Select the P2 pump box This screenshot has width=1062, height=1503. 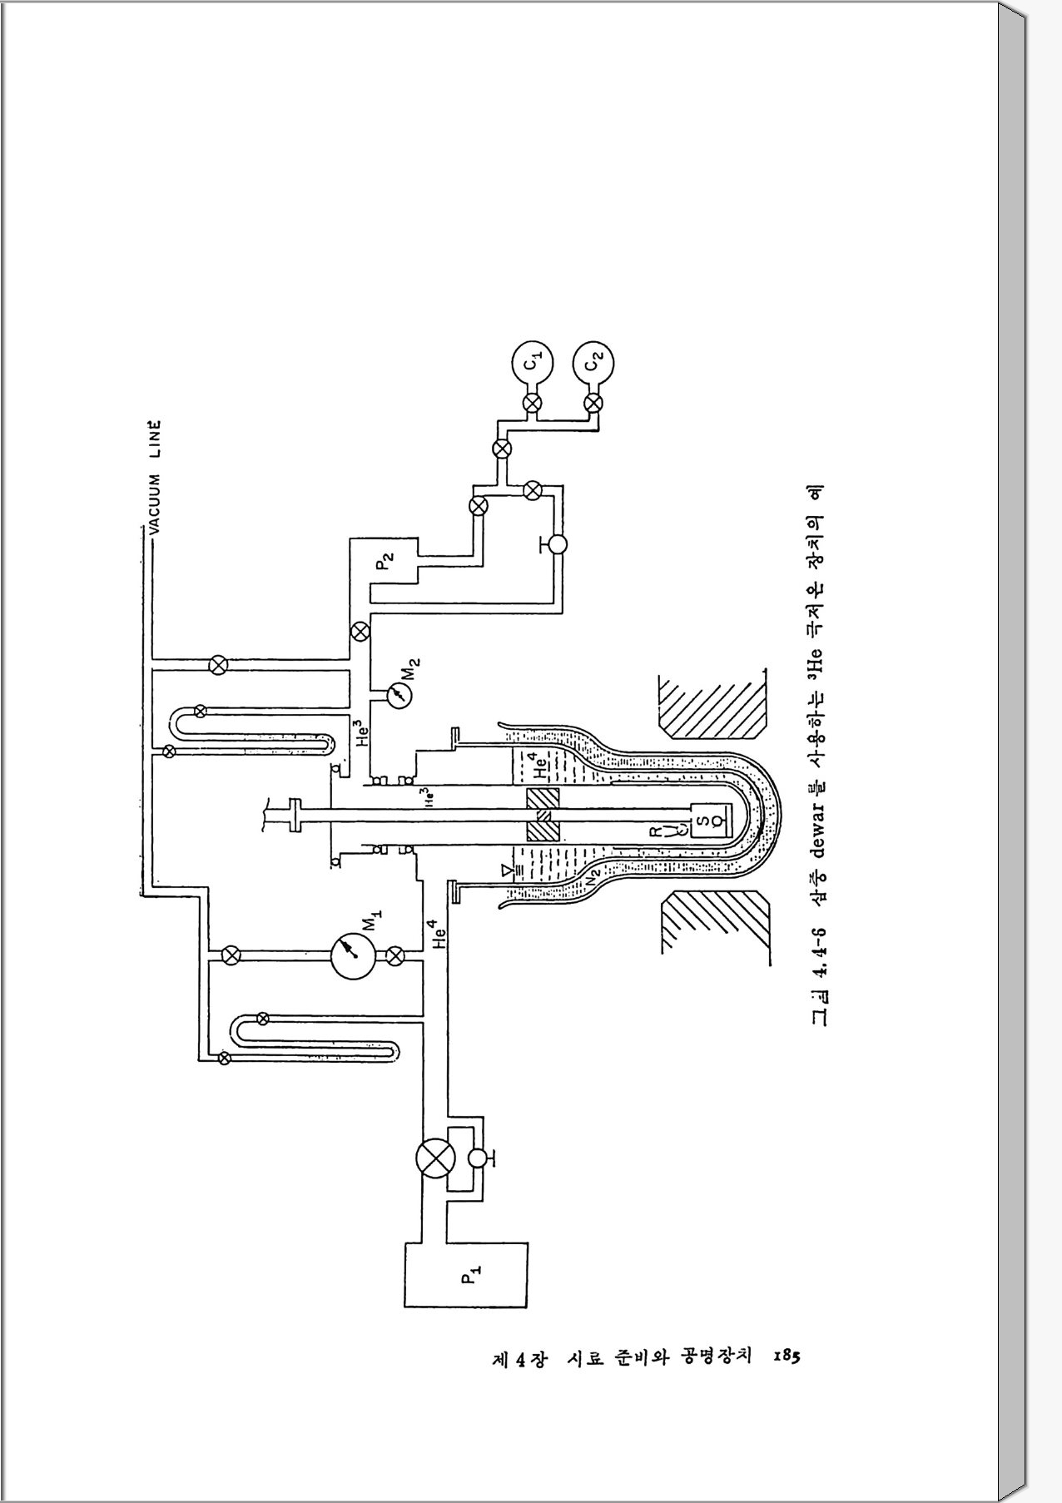click(x=385, y=563)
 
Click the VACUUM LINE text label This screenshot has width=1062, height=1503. click(x=155, y=475)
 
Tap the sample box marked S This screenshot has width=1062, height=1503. click(x=702, y=821)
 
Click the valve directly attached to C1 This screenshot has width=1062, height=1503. click(x=533, y=404)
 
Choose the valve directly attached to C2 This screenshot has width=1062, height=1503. click(x=593, y=404)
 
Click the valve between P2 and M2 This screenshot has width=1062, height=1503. click(x=360, y=630)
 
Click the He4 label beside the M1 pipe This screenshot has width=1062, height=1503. click(x=439, y=934)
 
